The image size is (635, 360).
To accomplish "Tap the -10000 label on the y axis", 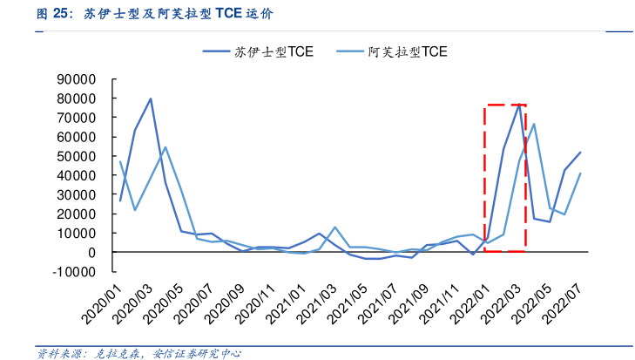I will click(x=74, y=271).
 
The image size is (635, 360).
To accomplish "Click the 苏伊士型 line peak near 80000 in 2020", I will click(x=151, y=98).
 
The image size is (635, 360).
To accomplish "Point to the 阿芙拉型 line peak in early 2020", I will click(x=166, y=147).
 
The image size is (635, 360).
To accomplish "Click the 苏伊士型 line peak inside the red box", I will click(x=519, y=105).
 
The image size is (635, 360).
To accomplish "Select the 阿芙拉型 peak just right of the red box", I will click(x=534, y=124).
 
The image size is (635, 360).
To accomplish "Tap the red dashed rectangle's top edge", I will click(x=505, y=105).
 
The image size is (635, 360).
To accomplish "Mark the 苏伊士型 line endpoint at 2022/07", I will click(x=580, y=153).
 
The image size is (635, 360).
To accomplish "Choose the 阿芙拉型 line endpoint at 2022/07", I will click(x=580, y=173).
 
